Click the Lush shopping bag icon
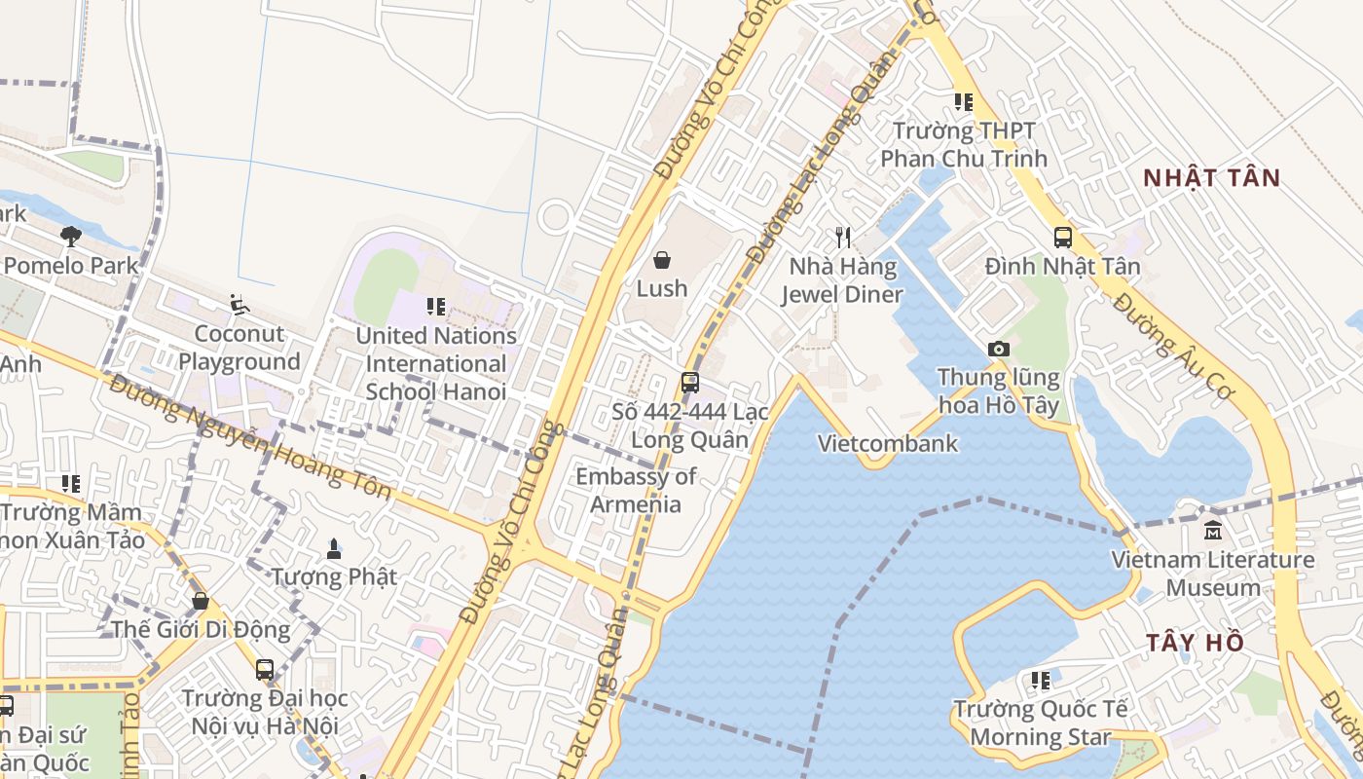pos(662,260)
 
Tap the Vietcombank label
pos(888,444)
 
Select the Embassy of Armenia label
pos(636,490)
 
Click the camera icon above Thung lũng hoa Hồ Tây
pos(998,349)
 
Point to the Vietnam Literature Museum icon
pos(1213,531)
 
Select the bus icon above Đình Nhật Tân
pos(1062,237)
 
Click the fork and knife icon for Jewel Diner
pos(843,237)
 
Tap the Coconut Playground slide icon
pos(239,305)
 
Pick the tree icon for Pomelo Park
pos(70,236)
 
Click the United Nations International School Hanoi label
pos(435,363)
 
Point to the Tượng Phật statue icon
pos(334,548)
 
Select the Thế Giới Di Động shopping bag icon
pos(200,601)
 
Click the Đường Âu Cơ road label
pos(1173,345)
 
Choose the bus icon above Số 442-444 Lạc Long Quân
pos(689,382)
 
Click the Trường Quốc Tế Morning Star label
pos(1040,723)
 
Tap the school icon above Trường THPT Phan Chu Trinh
pos(963,102)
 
